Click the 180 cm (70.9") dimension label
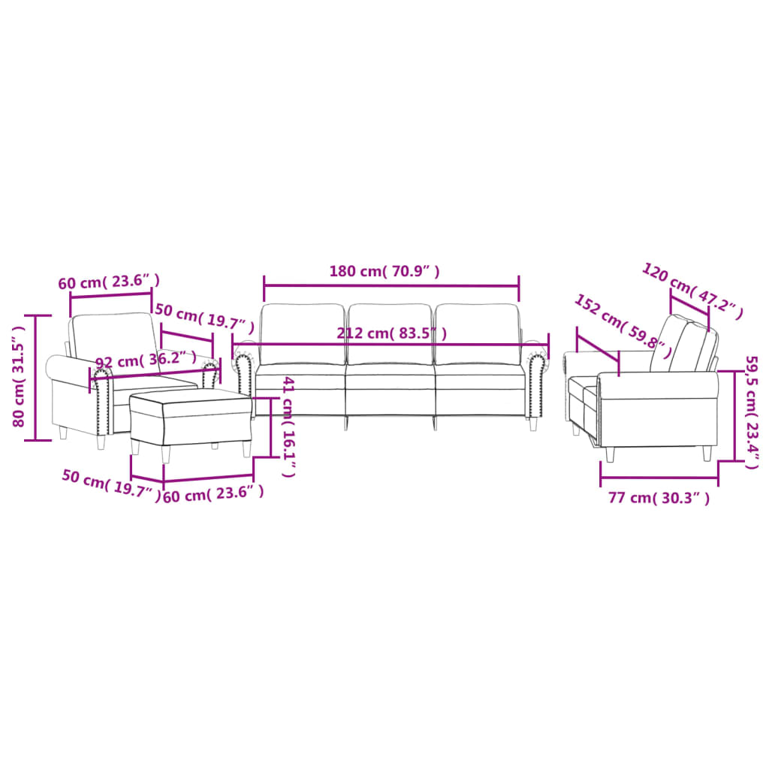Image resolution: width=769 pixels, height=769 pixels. pos(384,271)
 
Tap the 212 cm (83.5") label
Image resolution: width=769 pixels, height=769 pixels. pos(393,333)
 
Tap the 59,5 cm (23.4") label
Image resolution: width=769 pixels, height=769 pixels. pos(750,412)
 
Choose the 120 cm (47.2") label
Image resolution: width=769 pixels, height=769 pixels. pos(692,291)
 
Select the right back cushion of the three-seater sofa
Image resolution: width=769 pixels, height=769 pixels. pos(478,333)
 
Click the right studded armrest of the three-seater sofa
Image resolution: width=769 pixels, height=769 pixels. pos(535,383)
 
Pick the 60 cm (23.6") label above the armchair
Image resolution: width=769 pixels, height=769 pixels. pos(109,282)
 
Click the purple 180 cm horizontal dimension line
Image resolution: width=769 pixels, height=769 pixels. pos(391,285)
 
